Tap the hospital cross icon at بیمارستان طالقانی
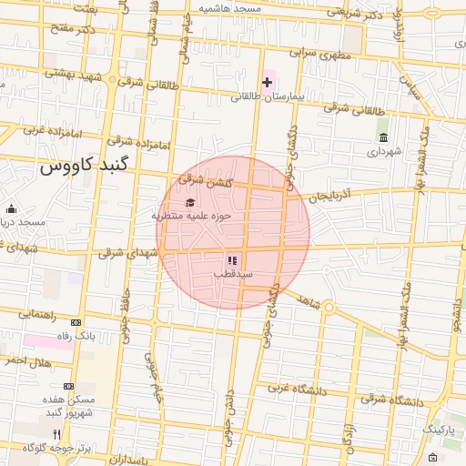click(x=267, y=83)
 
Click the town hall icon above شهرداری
click(x=383, y=137)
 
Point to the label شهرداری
click(x=383, y=152)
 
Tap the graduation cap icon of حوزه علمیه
click(x=189, y=202)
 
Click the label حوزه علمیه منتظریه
click(x=191, y=216)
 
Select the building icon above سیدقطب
click(x=231, y=260)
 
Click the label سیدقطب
click(x=233, y=273)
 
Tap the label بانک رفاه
click(x=76, y=335)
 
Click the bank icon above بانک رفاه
click(x=76, y=322)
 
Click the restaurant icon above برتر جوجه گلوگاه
click(x=56, y=433)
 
